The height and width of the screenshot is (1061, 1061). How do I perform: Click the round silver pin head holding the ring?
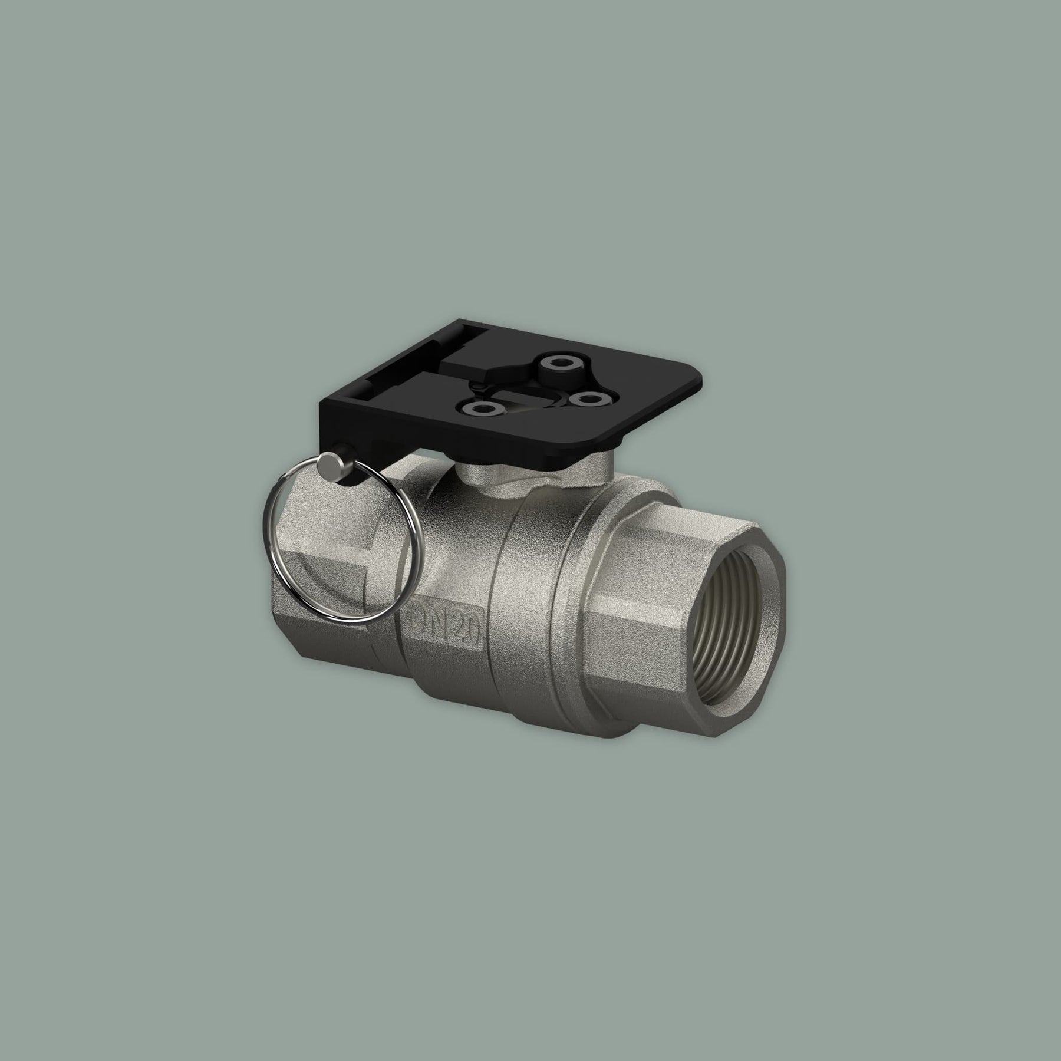325,469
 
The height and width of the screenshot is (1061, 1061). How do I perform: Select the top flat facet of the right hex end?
696,522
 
